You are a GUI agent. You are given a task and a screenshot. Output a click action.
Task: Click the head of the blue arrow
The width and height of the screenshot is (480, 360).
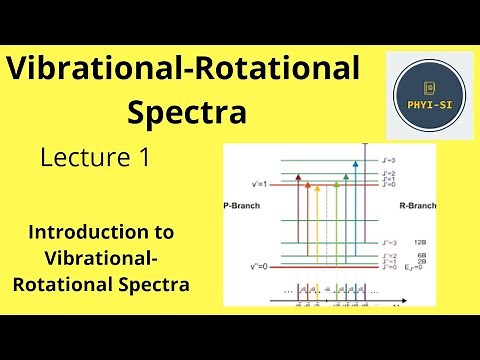tap(356, 163)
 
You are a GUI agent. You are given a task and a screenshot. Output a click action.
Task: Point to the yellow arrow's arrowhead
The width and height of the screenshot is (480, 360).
tap(318, 186)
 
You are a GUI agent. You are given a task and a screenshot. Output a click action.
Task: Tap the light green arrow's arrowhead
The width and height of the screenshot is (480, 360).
tap(335, 184)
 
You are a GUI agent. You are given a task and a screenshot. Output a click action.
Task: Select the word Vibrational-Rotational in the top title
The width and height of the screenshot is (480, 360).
tap(183, 70)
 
